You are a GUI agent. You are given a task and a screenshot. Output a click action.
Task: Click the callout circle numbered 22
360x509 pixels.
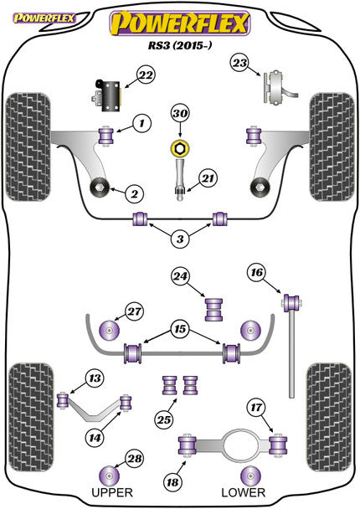click(x=146, y=76)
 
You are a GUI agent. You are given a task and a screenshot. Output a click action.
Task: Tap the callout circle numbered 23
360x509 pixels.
click(x=240, y=63)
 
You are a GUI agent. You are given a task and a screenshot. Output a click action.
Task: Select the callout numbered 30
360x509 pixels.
click(x=180, y=114)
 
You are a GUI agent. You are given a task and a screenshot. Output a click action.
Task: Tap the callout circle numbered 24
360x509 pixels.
click(x=180, y=275)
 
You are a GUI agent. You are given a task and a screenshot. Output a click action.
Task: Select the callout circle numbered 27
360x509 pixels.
click(x=135, y=311)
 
